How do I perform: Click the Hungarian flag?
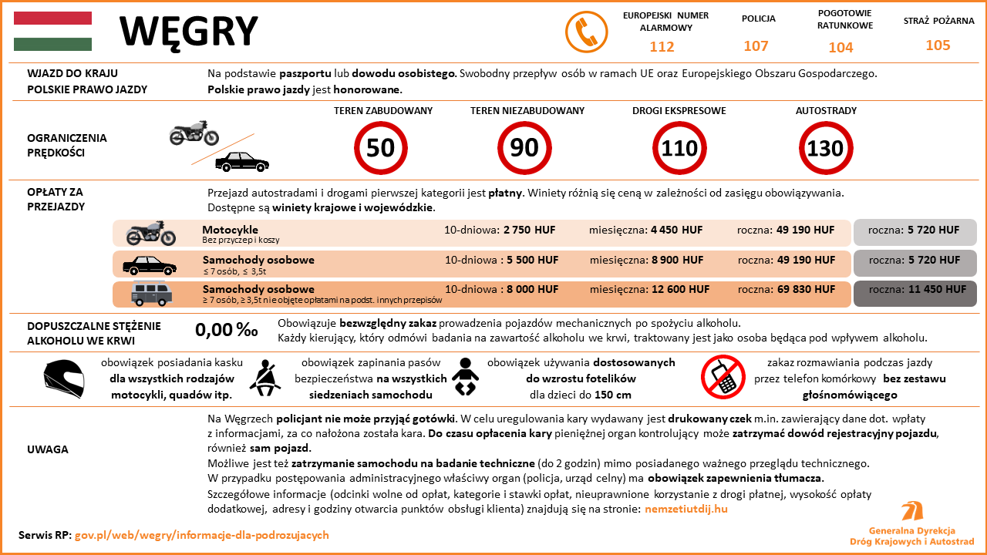pyautogui.click(x=52, y=31)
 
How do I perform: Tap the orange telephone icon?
pyautogui.click(x=582, y=31)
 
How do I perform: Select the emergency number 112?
pyautogui.click(x=662, y=47)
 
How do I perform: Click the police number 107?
pyautogui.click(x=756, y=46)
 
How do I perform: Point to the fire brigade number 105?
pyautogui.click(x=938, y=45)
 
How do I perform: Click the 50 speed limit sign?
pyautogui.click(x=380, y=148)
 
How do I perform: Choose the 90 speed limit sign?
pyautogui.click(x=524, y=148)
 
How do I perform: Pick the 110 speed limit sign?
pyautogui.click(x=679, y=148)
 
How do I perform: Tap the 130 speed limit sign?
pyautogui.click(x=825, y=148)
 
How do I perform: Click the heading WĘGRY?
pyautogui.click(x=189, y=31)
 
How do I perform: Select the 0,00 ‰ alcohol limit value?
pyautogui.click(x=226, y=330)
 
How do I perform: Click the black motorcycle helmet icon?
pyautogui.click(x=63, y=378)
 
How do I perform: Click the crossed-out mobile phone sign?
pyautogui.click(x=722, y=377)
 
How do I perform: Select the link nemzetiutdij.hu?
pyautogui.click(x=686, y=509)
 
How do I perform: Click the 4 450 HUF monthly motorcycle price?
pyautogui.click(x=676, y=230)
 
